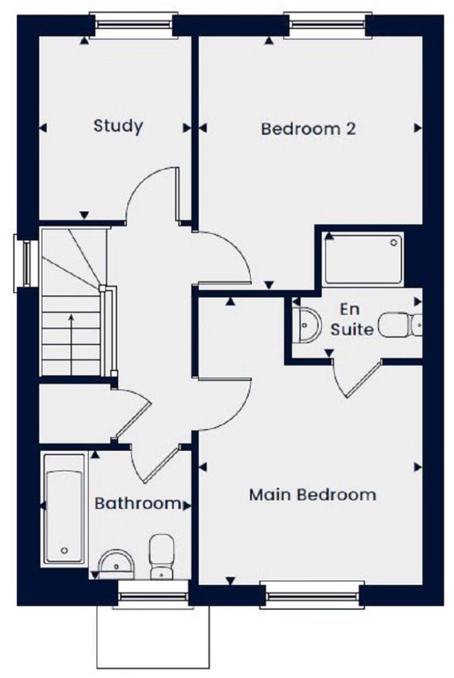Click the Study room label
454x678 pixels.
(118, 126)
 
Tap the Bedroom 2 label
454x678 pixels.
(308, 129)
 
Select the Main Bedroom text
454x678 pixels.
(312, 495)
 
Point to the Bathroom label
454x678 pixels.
(138, 503)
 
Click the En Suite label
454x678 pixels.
(350, 320)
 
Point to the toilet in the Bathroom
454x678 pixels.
(161, 555)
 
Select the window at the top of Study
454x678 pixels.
(133, 25)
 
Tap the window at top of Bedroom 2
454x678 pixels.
(327, 25)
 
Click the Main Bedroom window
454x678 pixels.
(313, 595)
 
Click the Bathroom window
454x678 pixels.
(153, 595)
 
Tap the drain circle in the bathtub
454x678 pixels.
(64, 550)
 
